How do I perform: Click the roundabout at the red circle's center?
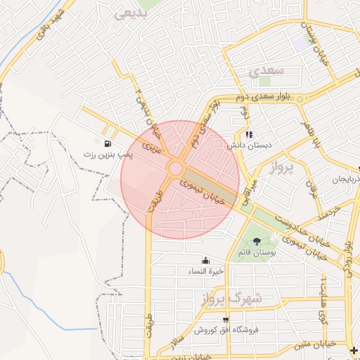(x=176, y=169)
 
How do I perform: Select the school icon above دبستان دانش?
(x=248, y=134)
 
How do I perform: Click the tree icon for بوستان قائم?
(x=256, y=242)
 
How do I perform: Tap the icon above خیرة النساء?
(x=205, y=260)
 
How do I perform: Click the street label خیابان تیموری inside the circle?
(x=209, y=191)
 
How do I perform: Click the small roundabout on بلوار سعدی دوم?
(x=300, y=99)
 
